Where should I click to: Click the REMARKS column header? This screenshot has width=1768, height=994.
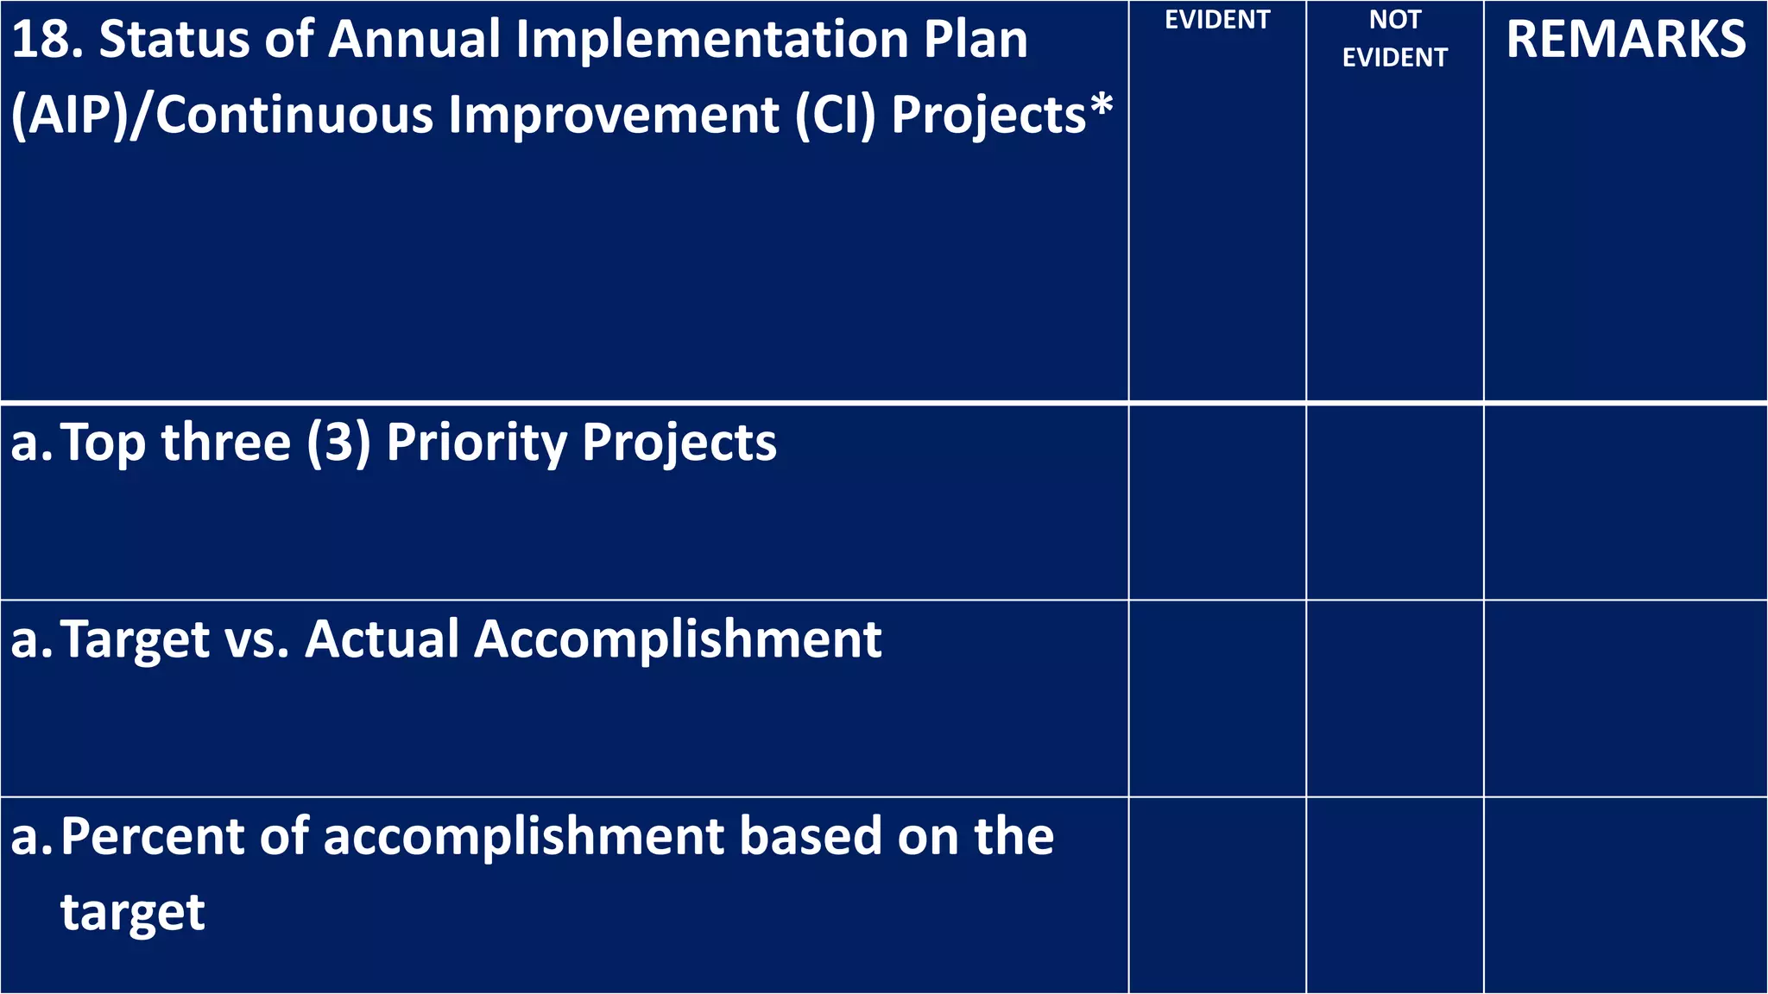point(1626,40)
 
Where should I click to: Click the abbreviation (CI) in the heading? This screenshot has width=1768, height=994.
point(834,115)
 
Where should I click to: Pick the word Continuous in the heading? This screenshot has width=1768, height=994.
point(294,115)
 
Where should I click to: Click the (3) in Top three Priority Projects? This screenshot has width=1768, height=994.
point(338,443)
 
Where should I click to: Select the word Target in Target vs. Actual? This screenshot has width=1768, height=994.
point(136,641)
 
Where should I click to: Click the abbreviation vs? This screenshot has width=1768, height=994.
point(256,641)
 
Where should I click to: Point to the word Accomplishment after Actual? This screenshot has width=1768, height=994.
point(678,641)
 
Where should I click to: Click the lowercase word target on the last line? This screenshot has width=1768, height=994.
point(133,913)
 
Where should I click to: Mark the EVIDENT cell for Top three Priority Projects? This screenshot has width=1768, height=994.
point(1217,502)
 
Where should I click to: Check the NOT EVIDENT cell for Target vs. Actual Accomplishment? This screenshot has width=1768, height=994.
point(1394,698)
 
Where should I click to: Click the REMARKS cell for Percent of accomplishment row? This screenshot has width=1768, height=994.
point(1626,895)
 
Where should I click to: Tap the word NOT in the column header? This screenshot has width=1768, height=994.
point(1394,19)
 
